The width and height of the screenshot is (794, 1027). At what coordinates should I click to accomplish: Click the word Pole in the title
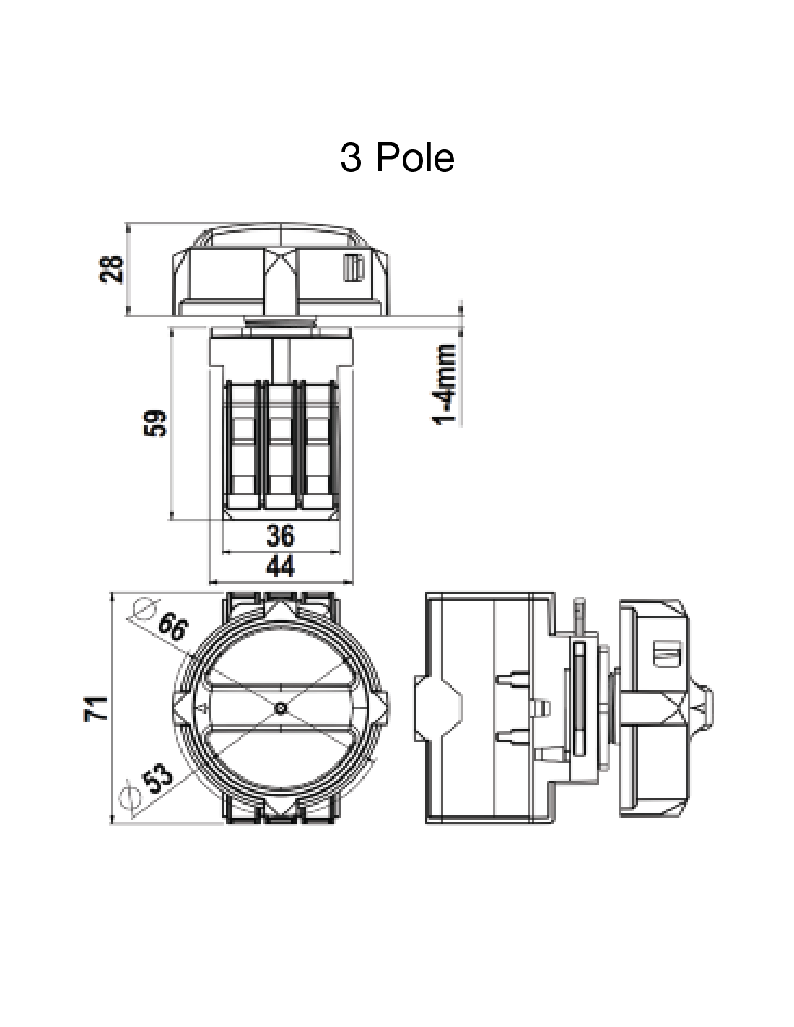pyautogui.click(x=415, y=157)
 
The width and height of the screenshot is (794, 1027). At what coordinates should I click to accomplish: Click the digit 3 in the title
pyautogui.click(x=351, y=158)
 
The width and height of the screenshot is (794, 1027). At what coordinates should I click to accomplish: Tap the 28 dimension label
pyautogui.click(x=111, y=270)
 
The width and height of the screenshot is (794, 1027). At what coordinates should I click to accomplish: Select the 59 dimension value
pyautogui.click(x=155, y=423)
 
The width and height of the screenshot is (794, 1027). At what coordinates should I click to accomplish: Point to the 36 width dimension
pyautogui.click(x=281, y=535)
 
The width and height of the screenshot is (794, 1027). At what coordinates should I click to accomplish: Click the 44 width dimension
pyautogui.click(x=281, y=566)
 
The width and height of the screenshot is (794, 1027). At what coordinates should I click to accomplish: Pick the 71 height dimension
pyautogui.click(x=96, y=709)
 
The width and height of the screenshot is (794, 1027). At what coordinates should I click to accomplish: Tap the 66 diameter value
pyautogui.click(x=173, y=626)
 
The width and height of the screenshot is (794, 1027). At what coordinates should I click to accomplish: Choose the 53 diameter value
pyautogui.click(x=158, y=779)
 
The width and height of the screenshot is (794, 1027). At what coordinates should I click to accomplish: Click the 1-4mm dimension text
pyautogui.click(x=445, y=385)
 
